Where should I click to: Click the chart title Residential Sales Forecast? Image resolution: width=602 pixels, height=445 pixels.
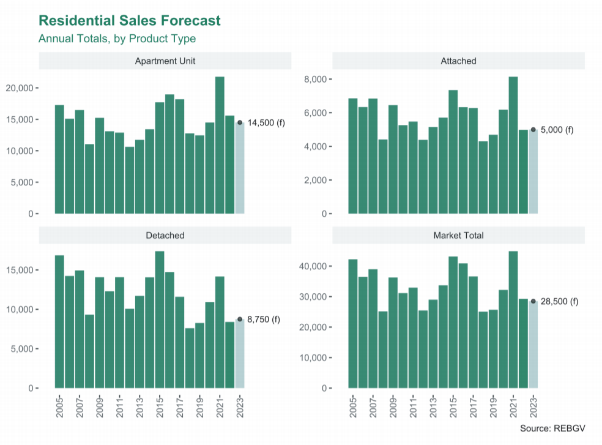(x=130, y=20)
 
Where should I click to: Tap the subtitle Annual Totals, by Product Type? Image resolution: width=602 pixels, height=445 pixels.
(x=117, y=39)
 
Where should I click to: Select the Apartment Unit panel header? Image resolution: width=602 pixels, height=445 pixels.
(x=165, y=61)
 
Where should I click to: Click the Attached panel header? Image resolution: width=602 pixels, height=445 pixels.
(x=458, y=61)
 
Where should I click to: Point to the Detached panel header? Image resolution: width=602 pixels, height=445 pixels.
(x=165, y=235)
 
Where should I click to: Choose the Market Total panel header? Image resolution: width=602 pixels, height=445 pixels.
(x=458, y=235)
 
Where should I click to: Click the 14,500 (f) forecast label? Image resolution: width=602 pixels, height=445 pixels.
(x=266, y=122)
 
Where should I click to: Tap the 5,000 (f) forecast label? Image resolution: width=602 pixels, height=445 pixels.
(x=557, y=130)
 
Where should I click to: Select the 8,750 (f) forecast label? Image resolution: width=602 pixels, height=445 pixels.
(x=264, y=320)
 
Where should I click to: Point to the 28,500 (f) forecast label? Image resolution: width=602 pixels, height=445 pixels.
(x=559, y=301)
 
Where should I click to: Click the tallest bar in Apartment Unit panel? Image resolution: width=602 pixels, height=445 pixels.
(x=220, y=145)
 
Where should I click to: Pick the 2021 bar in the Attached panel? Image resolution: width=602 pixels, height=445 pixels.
(x=513, y=145)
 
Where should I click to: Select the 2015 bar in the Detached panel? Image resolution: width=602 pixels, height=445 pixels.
(x=160, y=320)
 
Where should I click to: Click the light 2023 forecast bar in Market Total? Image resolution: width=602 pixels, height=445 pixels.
(x=533, y=345)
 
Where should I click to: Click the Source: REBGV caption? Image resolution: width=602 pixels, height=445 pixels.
(x=552, y=428)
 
